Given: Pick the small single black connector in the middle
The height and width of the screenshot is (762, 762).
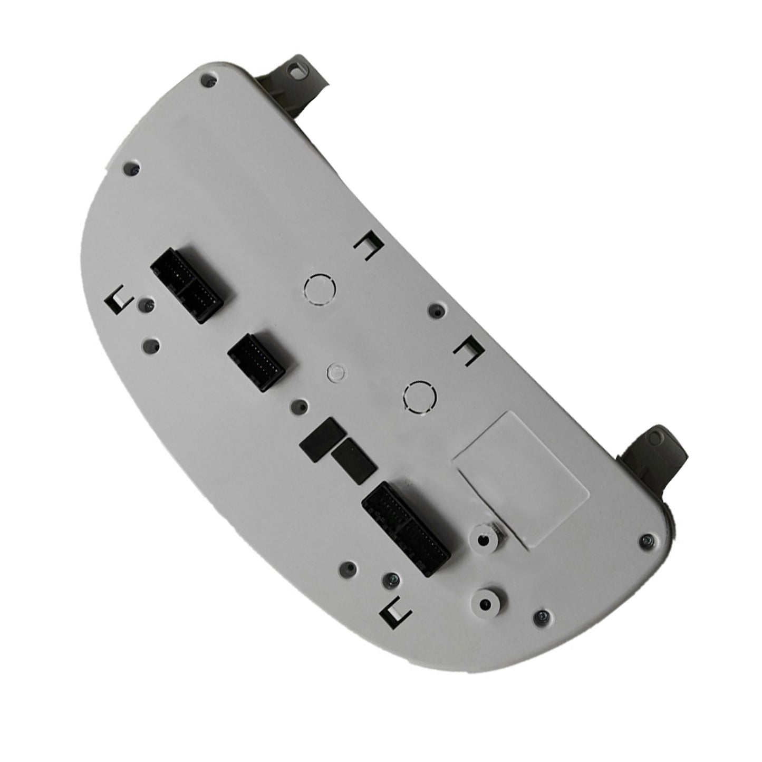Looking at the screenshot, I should [x=256, y=362].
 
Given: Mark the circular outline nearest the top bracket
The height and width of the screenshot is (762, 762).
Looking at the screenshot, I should [x=320, y=290].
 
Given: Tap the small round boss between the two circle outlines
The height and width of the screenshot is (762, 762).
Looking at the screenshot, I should [x=335, y=371].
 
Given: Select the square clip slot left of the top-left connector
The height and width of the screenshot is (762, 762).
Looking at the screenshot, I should [x=121, y=300].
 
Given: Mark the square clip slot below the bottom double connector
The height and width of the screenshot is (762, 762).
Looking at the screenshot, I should [x=397, y=611].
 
